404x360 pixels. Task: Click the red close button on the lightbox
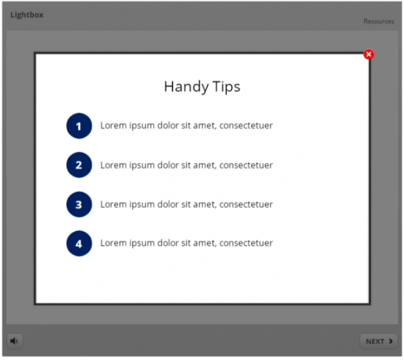point(368,55)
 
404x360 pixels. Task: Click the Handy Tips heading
point(202,87)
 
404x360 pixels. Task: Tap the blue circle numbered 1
point(79,126)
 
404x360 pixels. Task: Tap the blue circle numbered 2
point(79,165)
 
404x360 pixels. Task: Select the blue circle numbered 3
point(79,205)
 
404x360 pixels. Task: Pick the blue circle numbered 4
point(79,244)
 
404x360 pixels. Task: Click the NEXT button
point(378,341)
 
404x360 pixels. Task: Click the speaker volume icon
point(14,341)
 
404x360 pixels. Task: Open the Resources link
point(378,22)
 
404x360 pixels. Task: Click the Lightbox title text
point(27,15)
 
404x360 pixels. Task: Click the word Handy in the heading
point(182,87)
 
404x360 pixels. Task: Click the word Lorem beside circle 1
point(113,125)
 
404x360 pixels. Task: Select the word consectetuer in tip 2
point(246,165)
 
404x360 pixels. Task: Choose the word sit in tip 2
point(187,165)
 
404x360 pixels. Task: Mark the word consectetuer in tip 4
point(246,244)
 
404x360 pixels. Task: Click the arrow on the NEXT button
point(391,341)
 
